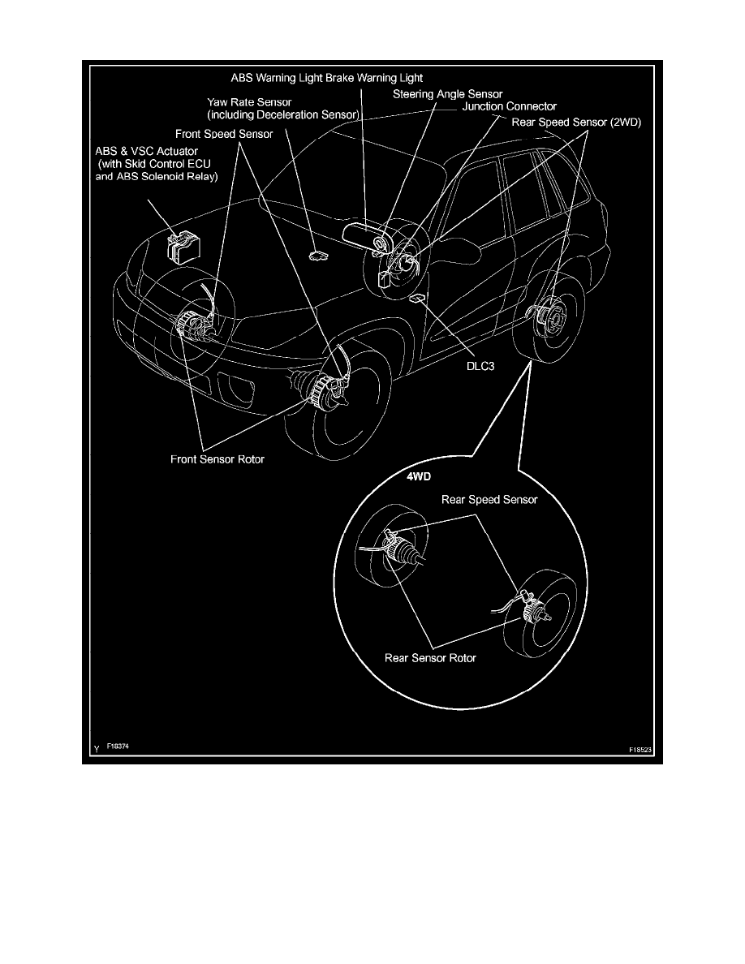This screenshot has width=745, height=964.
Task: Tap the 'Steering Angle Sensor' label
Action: pyautogui.click(x=448, y=94)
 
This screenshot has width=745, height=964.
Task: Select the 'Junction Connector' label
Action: pyautogui.click(x=510, y=106)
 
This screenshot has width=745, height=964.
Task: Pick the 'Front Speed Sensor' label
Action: pyautogui.click(x=224, y=133)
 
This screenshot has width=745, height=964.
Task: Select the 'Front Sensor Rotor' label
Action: pyautogui.click(x=217, y=459)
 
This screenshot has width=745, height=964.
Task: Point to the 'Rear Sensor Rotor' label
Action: pyautogui.click(x=430, y=657)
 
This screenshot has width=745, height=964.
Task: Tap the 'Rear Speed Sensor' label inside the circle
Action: pyautogui.click(x=489, y=500)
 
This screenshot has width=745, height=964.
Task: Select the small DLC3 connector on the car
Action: pyautogui.click(x=417, y=299)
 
